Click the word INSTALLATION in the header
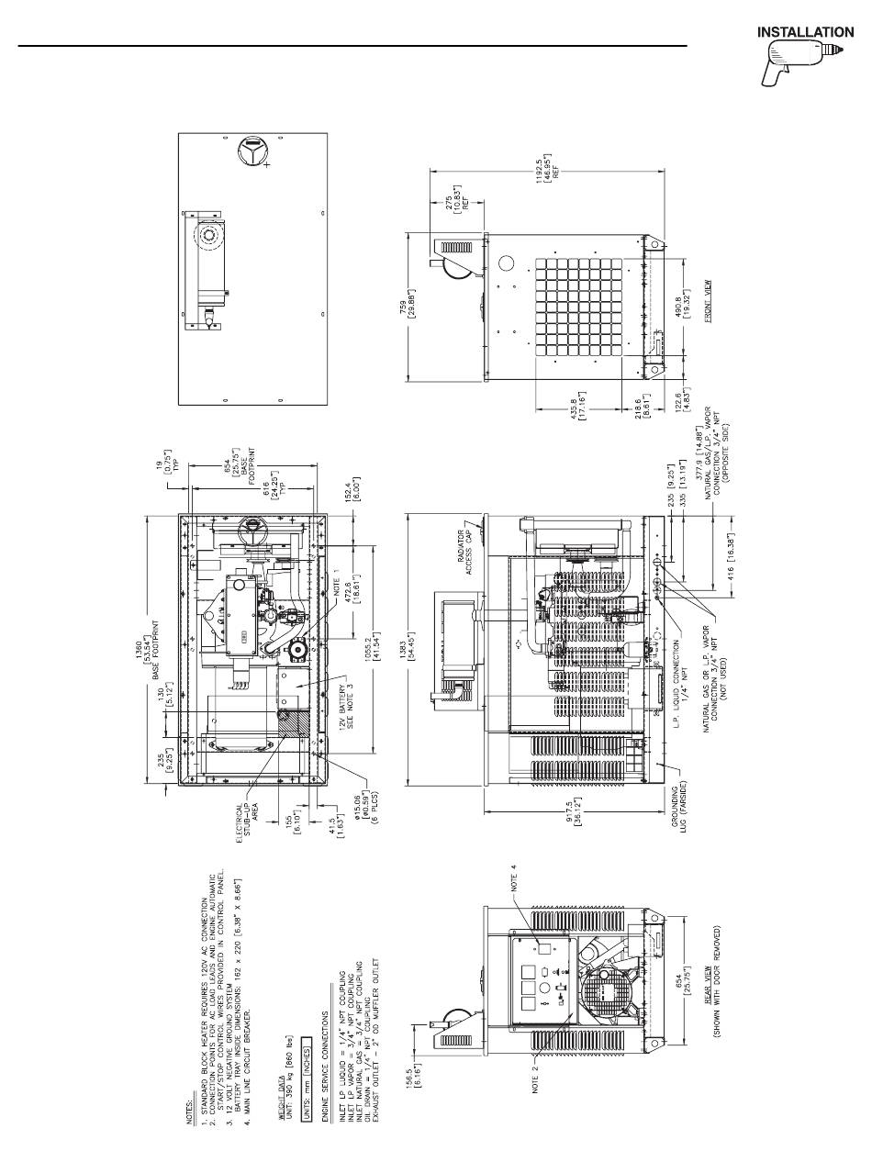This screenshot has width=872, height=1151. coord(805,33)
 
